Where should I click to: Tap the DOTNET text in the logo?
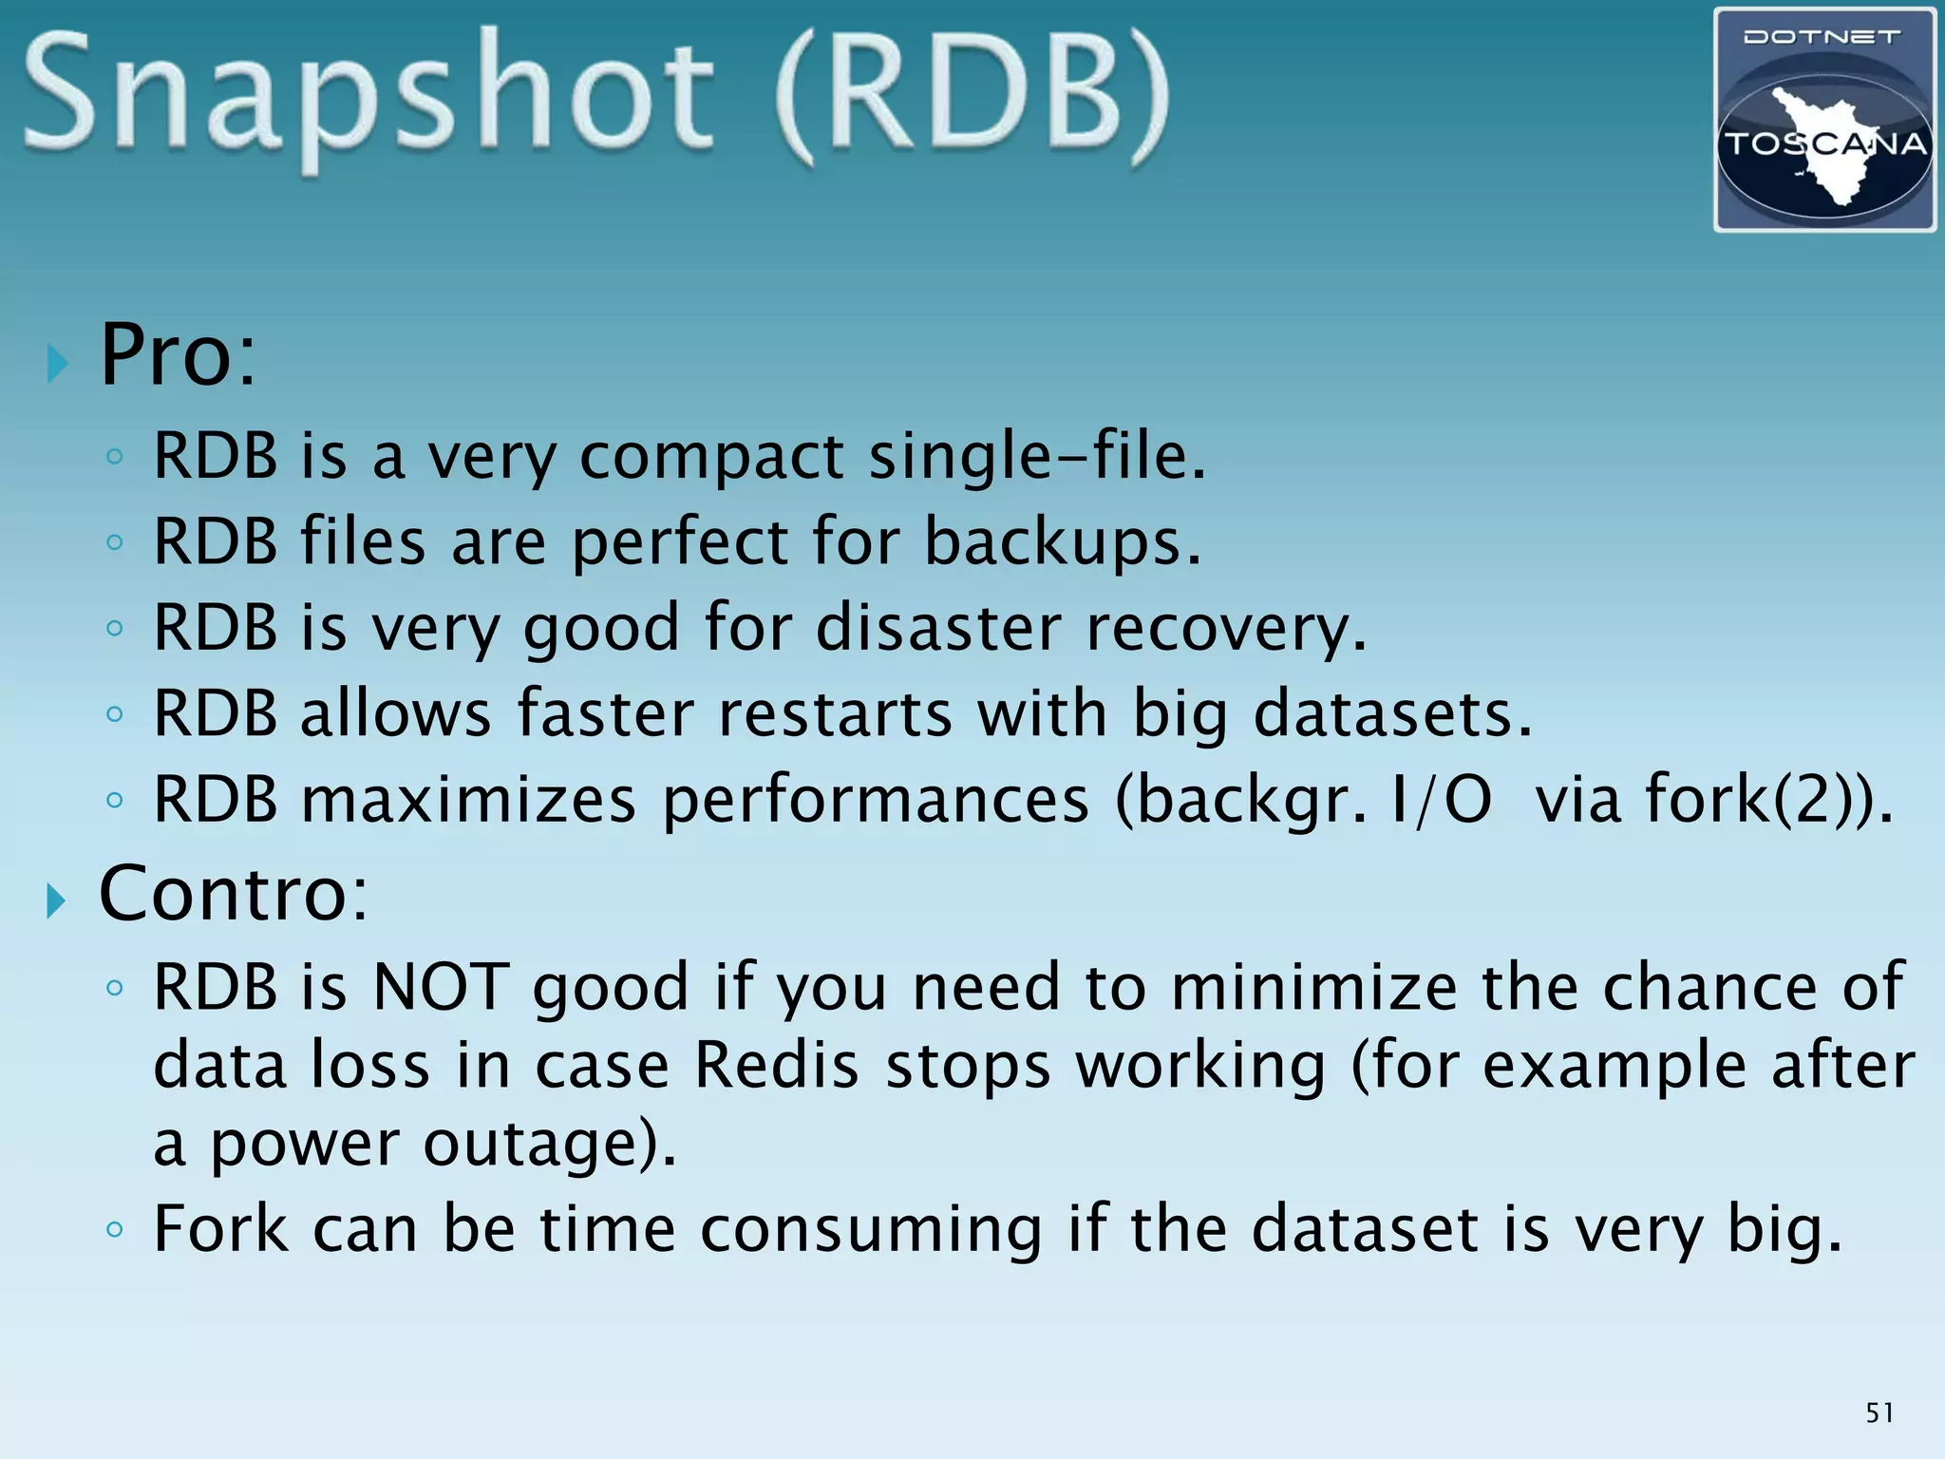point(1822,38)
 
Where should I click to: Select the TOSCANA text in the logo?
point(1824,144)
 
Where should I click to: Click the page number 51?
point(1879,1413)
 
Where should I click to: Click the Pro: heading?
point(178,356)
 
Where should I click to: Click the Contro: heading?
point(233,895)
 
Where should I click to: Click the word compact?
point(711,457)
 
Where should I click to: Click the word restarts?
point(835,713)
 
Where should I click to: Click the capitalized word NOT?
point(441,988)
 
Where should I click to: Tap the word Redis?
point(777,1066)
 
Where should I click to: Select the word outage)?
point(550,1144)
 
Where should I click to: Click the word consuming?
point(871,1230)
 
